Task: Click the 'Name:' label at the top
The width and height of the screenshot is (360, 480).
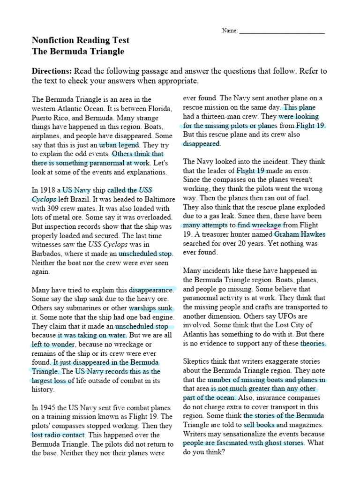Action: (x=230, y=31)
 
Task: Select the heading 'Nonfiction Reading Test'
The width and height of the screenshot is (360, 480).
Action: (x=80, y=40)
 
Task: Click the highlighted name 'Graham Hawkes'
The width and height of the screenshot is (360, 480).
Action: (x=300, y=234)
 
